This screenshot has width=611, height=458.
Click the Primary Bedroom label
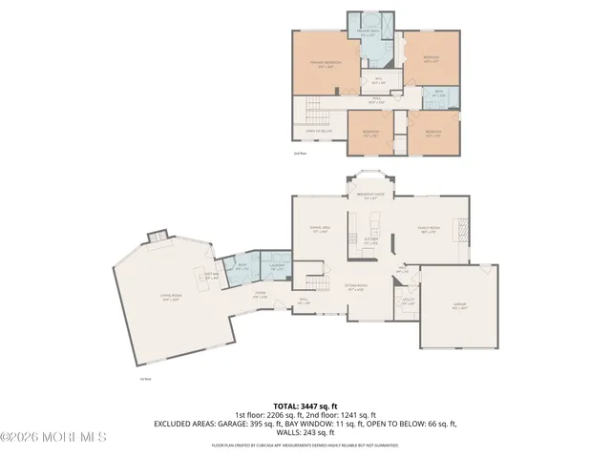click(x=326, y=63)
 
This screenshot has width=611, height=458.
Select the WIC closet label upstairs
click(x=378, y=80)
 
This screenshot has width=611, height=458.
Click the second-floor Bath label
click(x=439, y=94)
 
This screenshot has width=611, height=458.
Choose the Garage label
click(x=459, y=304)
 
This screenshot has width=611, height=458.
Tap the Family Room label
click(x=427, y=230)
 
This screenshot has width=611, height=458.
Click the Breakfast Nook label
click(x=370, y=196)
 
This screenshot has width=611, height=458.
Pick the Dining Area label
click(x=319, y=229)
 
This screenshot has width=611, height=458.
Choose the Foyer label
click(x=259, y=295)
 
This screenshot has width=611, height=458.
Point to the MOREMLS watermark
click(x=53, y=437)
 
